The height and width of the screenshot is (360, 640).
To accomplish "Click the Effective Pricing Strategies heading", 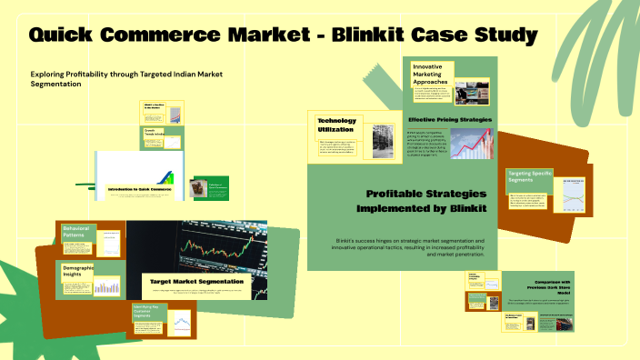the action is [450, 119].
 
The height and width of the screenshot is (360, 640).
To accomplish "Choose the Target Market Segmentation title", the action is [196, 282].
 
